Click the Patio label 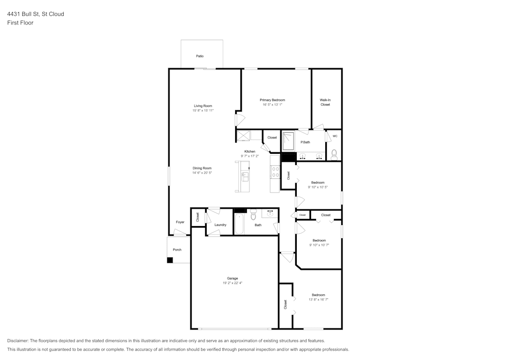click(200, 56)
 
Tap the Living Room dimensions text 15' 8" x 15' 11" click(203, 110)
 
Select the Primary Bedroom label click(272, 100)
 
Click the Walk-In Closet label click(325, 102)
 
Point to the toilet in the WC click(334, 153)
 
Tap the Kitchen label click(249, 151)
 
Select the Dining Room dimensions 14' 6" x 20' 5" click(202, 173)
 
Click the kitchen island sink click(244, 177)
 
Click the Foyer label click(180, 222)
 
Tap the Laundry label click(220, 225)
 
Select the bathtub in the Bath click(239, 224)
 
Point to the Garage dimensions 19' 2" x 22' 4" click(233, 283)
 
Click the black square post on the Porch click(170, 260)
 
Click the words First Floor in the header click(20, 23)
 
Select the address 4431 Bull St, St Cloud click(36, 14)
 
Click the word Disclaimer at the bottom click(18, 341)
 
